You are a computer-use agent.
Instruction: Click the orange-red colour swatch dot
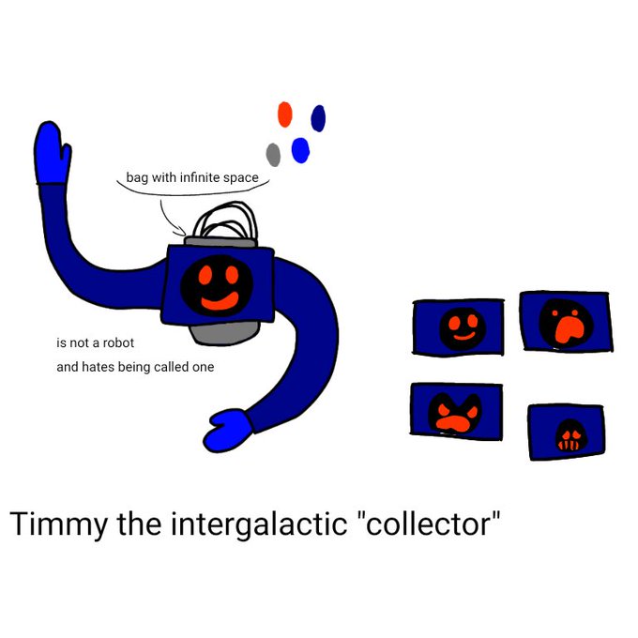(285, 114)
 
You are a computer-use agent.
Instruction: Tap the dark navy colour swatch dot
(318, 118)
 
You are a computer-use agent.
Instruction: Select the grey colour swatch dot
(273, 155)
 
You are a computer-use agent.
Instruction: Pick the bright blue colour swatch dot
(300, 150)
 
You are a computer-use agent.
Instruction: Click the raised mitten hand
(52, 154)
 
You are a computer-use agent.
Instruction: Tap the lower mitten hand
(228, 431)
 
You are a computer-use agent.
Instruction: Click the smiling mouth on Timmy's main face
(220, 302)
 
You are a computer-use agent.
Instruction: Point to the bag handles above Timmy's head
(226, 221)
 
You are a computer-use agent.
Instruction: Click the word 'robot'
(118, 343)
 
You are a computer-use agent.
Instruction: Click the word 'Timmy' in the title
(58, 524)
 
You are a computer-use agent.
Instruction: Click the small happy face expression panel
(459, 327)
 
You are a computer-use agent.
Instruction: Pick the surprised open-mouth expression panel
(567, 322)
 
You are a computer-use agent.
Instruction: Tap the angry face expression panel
(456, 411)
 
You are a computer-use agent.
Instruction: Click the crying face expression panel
(567, 433)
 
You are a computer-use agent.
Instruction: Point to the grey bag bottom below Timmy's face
(224, 334)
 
